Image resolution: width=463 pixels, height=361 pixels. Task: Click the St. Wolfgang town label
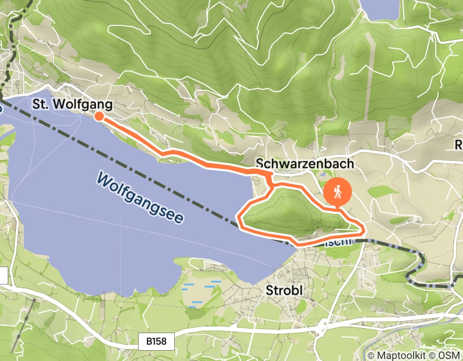(x=72, y=104)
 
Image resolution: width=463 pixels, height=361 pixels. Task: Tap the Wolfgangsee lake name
(x=140, y=198)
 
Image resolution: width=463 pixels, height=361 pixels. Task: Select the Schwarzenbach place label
(x=305, y=163)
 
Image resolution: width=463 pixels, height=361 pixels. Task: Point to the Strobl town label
(x=284, y=290)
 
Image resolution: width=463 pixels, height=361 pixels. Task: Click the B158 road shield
(x=157, y=341)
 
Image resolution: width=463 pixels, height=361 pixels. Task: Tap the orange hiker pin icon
(x=338, y=192)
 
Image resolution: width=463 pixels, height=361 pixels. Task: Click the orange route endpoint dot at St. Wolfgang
(x=98, y=117)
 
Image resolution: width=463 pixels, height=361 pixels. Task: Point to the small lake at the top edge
(x=380, y=8)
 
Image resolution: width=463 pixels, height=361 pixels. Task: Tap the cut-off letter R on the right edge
(x=458, y=146)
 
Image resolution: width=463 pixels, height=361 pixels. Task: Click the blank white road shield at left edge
(x=3, y=276)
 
